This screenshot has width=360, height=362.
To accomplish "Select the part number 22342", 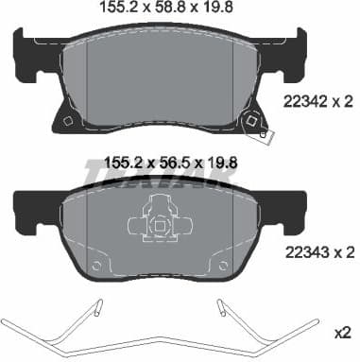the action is point(301,102).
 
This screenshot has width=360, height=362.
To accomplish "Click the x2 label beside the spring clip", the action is point(342,333).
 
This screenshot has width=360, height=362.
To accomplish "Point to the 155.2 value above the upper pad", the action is point(118,7).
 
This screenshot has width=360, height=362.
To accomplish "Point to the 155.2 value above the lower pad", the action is point(123,164).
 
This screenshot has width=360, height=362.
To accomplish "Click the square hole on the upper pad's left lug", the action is point(67,121).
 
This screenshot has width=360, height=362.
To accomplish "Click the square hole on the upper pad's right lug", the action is point(251,120).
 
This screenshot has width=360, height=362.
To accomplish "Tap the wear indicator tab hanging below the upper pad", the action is point(264,135).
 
